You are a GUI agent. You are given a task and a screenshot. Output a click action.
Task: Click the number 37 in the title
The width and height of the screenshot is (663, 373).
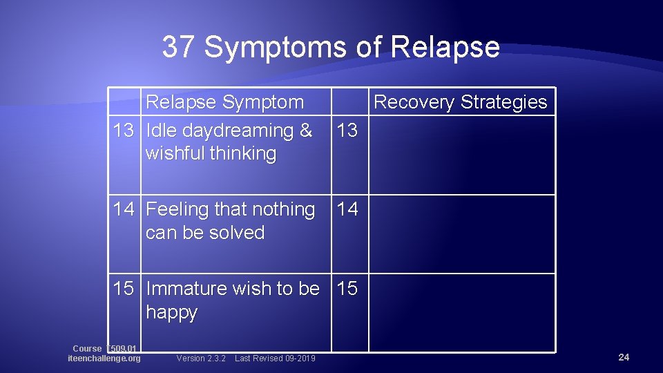point(179,48)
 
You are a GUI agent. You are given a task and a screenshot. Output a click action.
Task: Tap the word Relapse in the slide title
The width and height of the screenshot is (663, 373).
point(445,48)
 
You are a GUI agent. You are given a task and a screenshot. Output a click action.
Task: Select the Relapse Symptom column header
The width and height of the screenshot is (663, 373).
point(224,102)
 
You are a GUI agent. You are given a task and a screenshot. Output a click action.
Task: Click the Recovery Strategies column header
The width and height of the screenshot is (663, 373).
point(460,102)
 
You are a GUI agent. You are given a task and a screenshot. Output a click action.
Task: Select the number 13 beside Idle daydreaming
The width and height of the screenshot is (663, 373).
point(124,131)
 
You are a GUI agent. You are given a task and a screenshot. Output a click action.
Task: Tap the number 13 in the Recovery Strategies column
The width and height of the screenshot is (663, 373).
point(347,131)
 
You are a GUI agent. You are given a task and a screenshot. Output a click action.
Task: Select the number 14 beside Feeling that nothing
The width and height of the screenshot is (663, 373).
point(124,209)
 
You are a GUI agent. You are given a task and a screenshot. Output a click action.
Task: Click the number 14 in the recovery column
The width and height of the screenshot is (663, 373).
point(347,209)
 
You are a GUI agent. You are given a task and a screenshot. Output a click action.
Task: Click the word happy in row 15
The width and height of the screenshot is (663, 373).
point(171,312)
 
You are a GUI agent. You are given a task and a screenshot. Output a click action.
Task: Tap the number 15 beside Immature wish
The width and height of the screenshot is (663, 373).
point(124,288)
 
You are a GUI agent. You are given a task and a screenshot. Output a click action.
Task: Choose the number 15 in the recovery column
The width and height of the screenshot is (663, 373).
point(347,288)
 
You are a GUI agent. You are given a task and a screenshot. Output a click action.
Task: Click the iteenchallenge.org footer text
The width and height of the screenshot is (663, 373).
point(104,358)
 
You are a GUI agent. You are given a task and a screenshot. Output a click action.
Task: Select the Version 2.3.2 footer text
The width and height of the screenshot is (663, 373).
point(201,358)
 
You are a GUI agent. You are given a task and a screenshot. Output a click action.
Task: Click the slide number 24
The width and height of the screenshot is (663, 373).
point(624,357)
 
